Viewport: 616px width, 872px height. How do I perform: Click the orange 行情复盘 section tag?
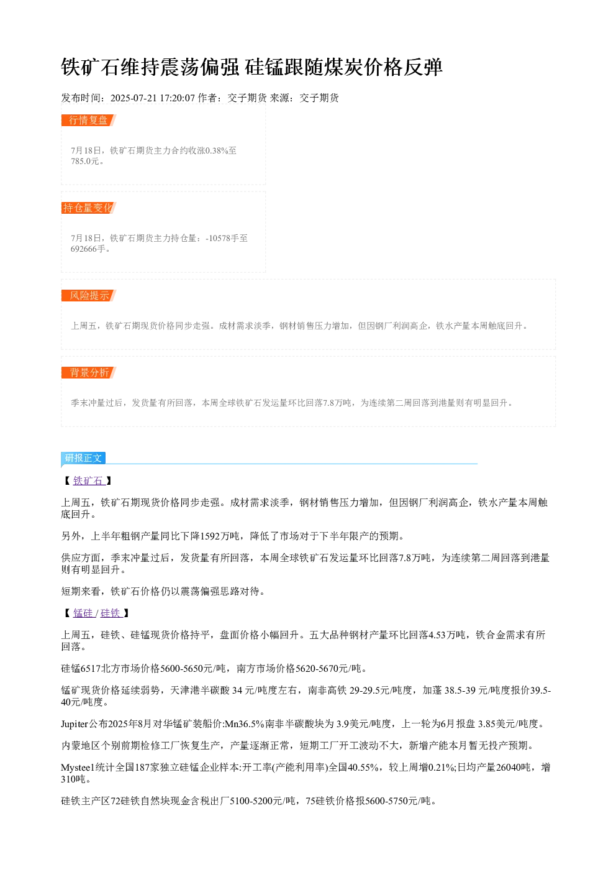(x=89, y=121)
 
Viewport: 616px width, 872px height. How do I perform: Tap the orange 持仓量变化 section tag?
(x=89, y=208)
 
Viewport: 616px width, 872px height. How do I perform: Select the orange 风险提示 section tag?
(x=89, y=295)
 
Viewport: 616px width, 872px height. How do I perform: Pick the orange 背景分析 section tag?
(x=89, y=372)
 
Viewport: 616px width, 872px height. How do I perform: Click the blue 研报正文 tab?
(x=83, y=458)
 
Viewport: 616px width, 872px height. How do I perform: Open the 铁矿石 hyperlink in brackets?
(x=89, y=481)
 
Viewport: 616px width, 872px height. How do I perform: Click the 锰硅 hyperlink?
(x=83, y=613)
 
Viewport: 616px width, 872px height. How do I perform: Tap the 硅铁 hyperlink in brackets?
(x=112, y=613)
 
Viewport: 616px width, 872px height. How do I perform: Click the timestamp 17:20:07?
(x=177, y=98)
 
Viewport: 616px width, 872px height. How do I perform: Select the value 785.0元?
(x=85, y=161)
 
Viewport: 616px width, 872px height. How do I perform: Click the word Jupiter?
(x=75, y=723)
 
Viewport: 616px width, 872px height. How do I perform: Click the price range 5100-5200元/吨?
(x=263, y=801)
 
